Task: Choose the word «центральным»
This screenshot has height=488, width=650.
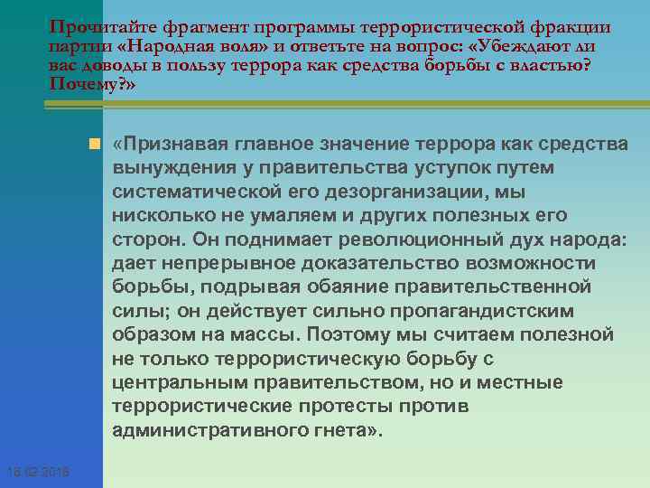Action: click(174, 382)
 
